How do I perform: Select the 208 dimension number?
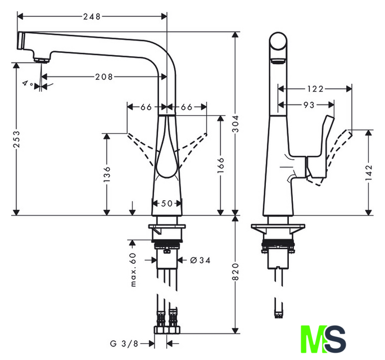tap(104, 76)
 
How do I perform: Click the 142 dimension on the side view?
tap(369, 172)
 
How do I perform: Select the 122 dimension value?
tap(316, 88)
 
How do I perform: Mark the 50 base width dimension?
tap(167, 204)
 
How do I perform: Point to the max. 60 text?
tap(134, 269)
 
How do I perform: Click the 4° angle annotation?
tap(27, 83)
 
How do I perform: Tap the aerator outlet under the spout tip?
tap(40, 59)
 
